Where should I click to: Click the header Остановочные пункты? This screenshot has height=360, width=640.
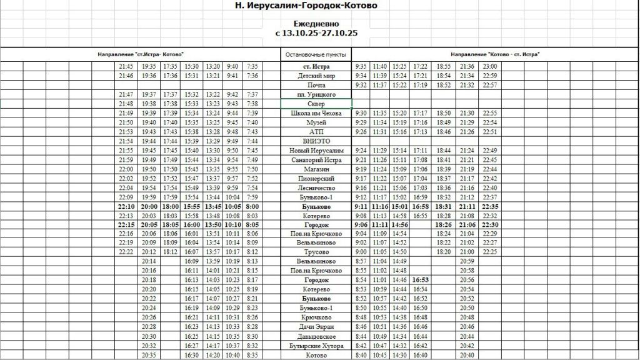(x=316, y=55)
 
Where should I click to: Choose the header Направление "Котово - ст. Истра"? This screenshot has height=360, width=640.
(x=496, y=55)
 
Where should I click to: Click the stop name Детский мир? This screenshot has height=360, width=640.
(x=316, y=76)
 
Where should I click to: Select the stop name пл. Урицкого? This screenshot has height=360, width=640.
(x=316, y=94)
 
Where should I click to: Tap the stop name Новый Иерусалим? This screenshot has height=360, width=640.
(x=316, y=151)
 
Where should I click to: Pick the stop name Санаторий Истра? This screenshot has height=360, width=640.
(x=316, y=160)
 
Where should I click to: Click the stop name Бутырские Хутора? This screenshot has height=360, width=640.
(x=316, y=346)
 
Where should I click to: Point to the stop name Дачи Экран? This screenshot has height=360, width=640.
(x=316, y=327)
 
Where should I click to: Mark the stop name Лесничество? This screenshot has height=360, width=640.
(x=316, y=188)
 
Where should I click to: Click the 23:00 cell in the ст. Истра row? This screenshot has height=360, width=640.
(x=490, y=66)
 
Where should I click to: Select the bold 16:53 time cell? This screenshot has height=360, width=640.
(x=421, y=281)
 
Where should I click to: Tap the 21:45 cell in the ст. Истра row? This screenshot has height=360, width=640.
(x=126, y=66)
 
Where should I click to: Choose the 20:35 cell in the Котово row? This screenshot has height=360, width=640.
(x=149, y=355)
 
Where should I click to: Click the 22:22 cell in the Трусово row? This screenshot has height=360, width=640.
(x=126, y=252)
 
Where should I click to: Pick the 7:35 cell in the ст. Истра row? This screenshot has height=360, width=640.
(x=252, y=66)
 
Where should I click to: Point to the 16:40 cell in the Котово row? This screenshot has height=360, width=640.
(x=421, y=355)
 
